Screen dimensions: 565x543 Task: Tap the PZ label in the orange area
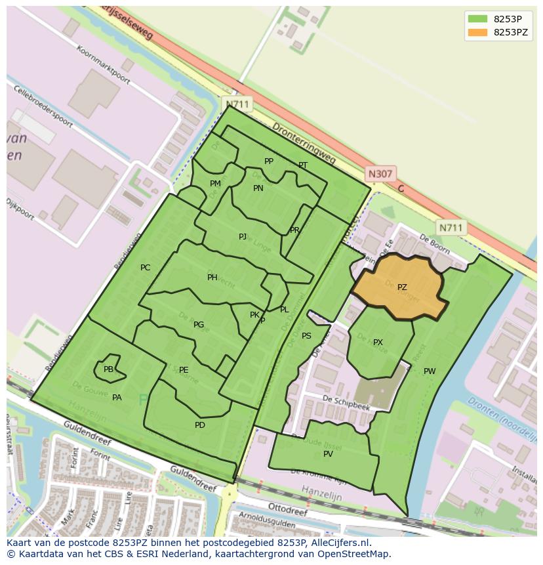(402, 287)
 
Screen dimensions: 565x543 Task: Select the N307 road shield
(380, 174)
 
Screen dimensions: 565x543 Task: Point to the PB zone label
(108, 369)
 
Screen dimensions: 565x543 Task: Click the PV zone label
(328, 454)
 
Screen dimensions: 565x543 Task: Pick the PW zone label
(430, 371)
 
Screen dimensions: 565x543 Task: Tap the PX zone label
(378, 343)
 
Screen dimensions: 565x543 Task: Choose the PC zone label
(145, 267)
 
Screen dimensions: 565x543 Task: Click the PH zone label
(212, 278)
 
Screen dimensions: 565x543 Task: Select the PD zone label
(200, 425)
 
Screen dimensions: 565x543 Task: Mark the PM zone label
(215, 184)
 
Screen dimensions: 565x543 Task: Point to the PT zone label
(303, 165)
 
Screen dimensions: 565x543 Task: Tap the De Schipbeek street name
(346, 402)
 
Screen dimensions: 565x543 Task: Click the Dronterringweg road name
(304, 142)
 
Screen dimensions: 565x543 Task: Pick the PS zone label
(306, 336)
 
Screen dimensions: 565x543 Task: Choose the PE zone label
(184, 370)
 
